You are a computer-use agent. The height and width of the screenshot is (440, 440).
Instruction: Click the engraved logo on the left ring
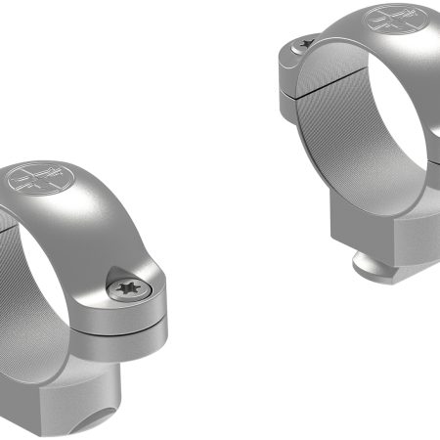point(37,181)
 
